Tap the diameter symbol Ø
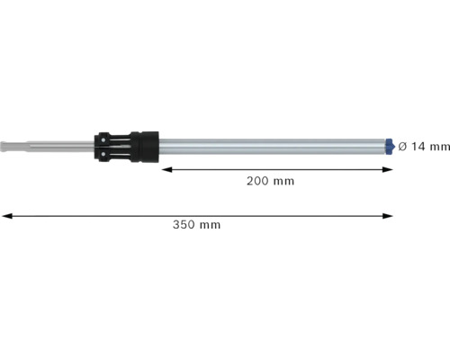click(402, 145)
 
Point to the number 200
click(257, 181)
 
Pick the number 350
click(184, 225)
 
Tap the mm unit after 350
click(210, 225)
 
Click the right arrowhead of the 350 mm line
click(389, 215)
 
